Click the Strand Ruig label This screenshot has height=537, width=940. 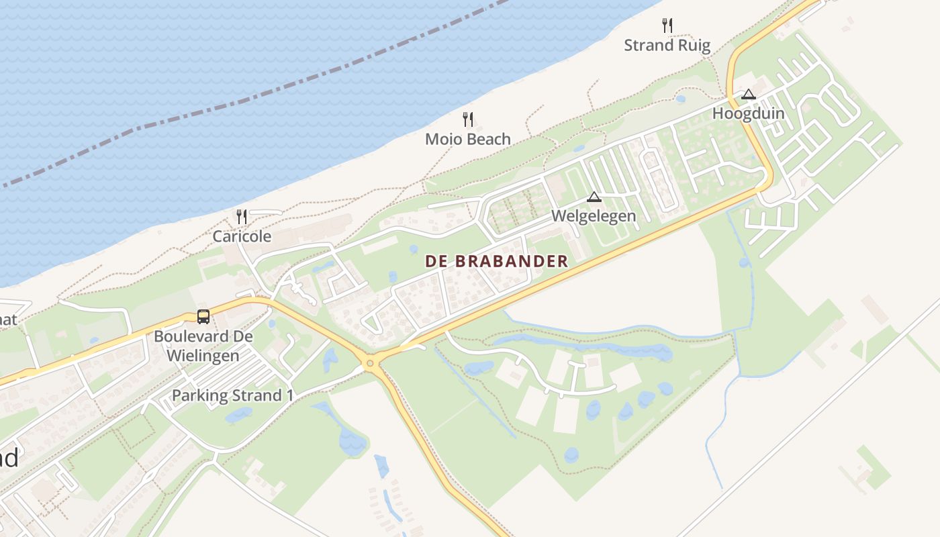pos(667,45)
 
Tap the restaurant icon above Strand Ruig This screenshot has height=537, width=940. pos(667,26)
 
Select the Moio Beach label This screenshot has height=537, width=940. pos(468,139)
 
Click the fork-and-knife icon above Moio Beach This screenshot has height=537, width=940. pos(468,119)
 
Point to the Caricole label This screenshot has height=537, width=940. pos(242,236)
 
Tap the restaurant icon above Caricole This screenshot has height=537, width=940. pos(242,216)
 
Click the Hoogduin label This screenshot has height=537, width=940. pos(748,113)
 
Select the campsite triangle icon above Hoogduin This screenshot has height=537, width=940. pos(749,95)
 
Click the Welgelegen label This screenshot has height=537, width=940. pos(594,216)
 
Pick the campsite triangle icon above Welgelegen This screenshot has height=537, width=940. pos(594,197)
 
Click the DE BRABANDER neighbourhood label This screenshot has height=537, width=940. pos(497,262)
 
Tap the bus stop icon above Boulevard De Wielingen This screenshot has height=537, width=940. pos(203,316)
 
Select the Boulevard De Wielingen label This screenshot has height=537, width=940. pos(203,346)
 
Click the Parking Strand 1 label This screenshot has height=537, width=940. pos(232,395)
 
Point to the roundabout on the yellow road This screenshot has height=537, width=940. pos(369,364)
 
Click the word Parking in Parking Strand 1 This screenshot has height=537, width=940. pos(200,395)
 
